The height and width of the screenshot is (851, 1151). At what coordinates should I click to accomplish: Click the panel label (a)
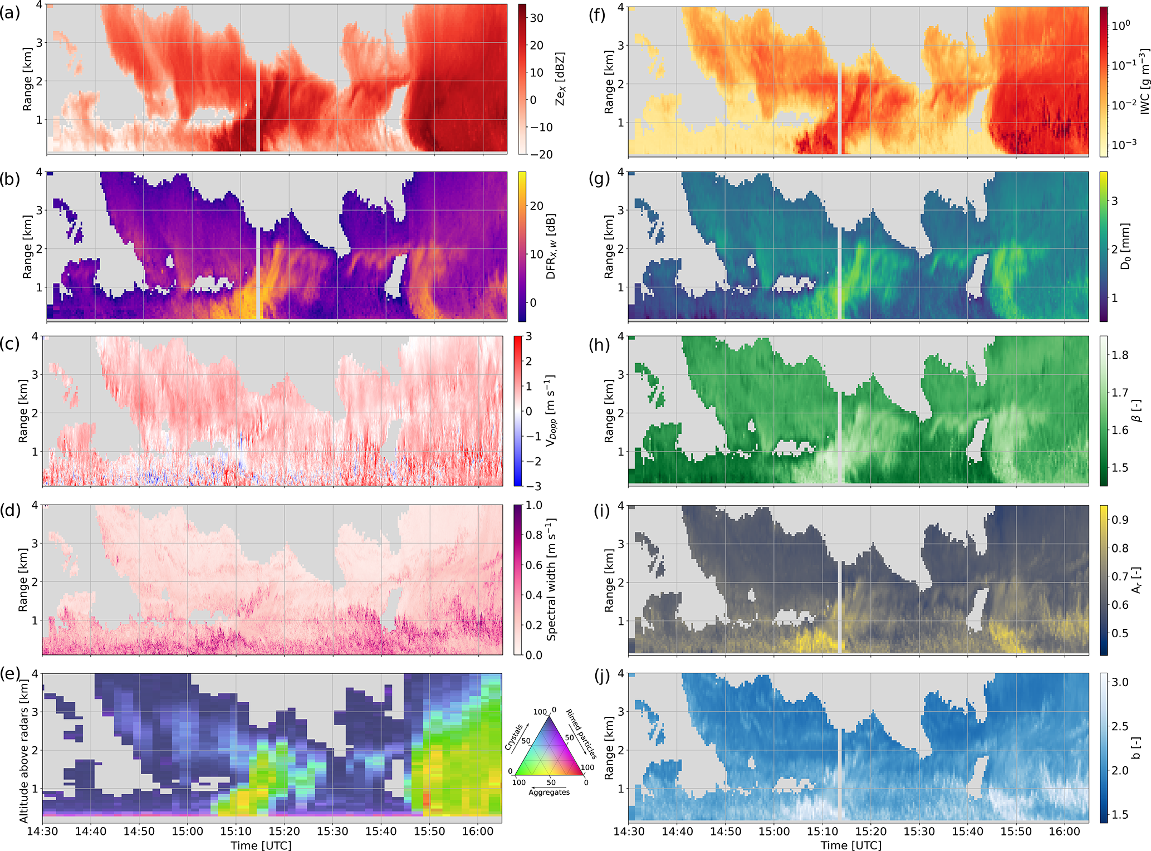[10, 12]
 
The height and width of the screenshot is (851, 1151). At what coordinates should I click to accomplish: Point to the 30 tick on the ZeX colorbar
[536, 18]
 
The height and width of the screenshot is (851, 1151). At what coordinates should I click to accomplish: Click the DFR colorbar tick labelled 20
[536, 206]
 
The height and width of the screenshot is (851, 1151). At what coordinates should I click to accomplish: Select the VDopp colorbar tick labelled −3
[533, 486]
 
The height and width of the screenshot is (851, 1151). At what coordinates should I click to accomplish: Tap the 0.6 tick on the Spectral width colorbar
[533, 565]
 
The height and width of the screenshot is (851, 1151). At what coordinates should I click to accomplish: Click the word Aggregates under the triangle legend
[549, 792]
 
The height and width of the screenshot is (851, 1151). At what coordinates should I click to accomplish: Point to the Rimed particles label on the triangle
[581, 734]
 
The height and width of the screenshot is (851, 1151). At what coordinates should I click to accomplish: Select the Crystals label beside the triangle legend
[513, 737]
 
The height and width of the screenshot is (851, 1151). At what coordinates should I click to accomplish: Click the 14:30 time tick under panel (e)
[43, 832]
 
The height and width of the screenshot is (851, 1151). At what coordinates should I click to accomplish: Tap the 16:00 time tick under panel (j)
[1065, 832]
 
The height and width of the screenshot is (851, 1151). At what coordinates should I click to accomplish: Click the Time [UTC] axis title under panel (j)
[851, 845]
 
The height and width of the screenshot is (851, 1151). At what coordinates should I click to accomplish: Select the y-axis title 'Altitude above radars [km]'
[23, 746]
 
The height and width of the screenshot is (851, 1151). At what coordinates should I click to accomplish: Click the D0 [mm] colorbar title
[1125, 246]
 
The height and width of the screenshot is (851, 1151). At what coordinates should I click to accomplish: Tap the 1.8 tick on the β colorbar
[1120, 355]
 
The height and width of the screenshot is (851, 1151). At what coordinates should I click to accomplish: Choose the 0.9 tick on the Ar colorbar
[1120, 520]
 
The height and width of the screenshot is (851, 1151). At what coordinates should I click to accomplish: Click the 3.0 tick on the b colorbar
[1120, 682]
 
